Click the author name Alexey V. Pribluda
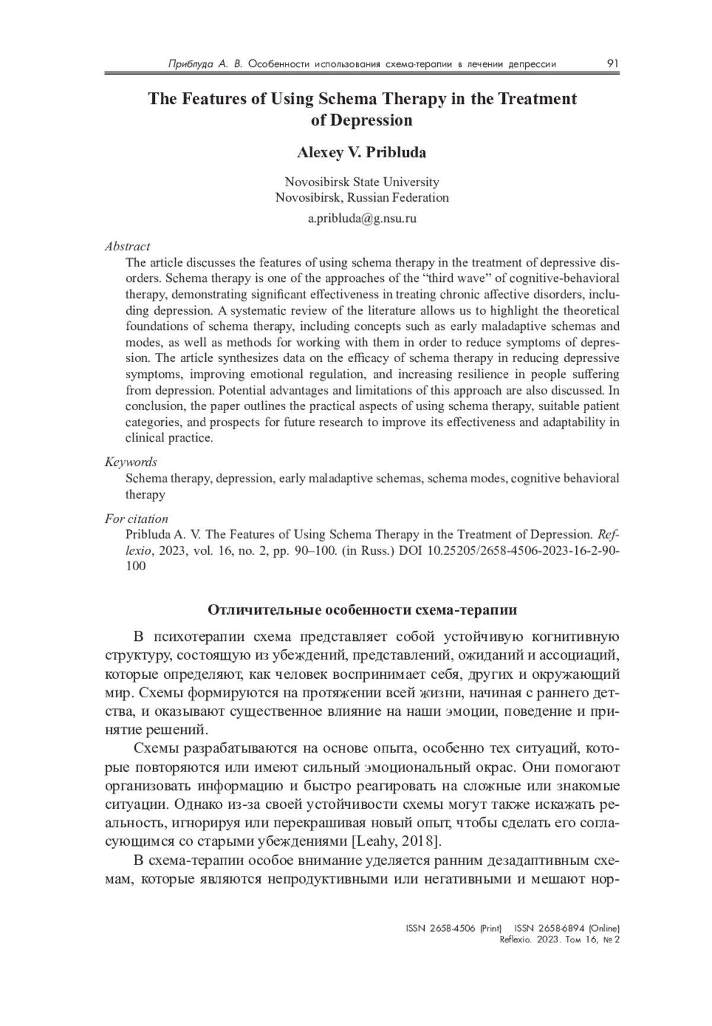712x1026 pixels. tap(361, 153)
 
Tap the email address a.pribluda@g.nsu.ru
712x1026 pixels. tap(362, 218)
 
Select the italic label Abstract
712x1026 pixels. tap(128, 246)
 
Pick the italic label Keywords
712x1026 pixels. tap(131, 462)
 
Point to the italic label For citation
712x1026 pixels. tap(136, 519)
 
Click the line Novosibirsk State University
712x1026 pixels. tap(362, 182)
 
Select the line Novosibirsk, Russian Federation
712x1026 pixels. tap(362, 198)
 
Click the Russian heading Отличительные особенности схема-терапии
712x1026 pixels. tap(363, 610)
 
